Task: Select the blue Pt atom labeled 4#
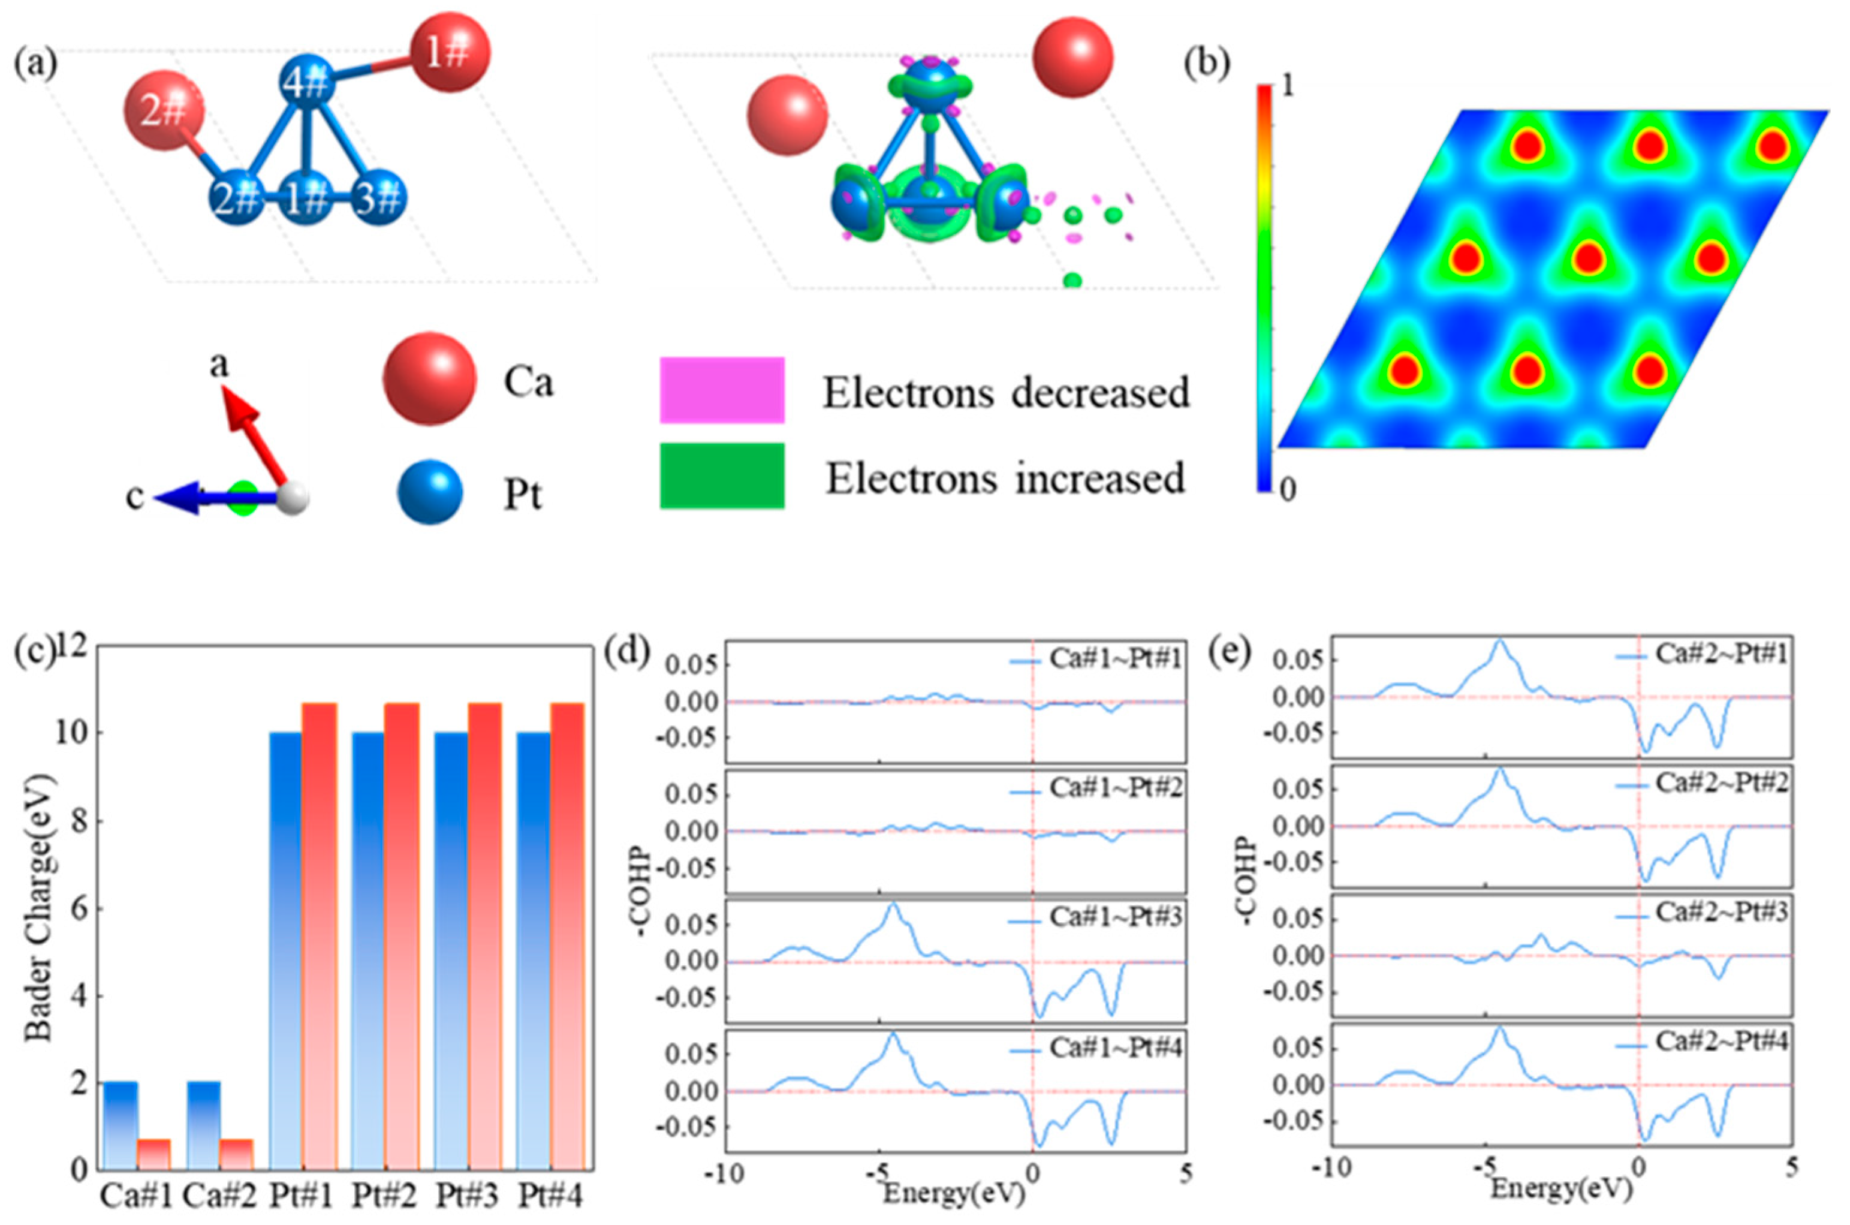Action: point(309,82)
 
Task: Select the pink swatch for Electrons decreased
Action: point(722,390)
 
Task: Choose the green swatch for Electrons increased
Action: point(722,475)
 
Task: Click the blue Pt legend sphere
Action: point(429,492)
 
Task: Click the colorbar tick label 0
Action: point(1288,490)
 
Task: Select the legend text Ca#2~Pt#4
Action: point(1721,1042)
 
